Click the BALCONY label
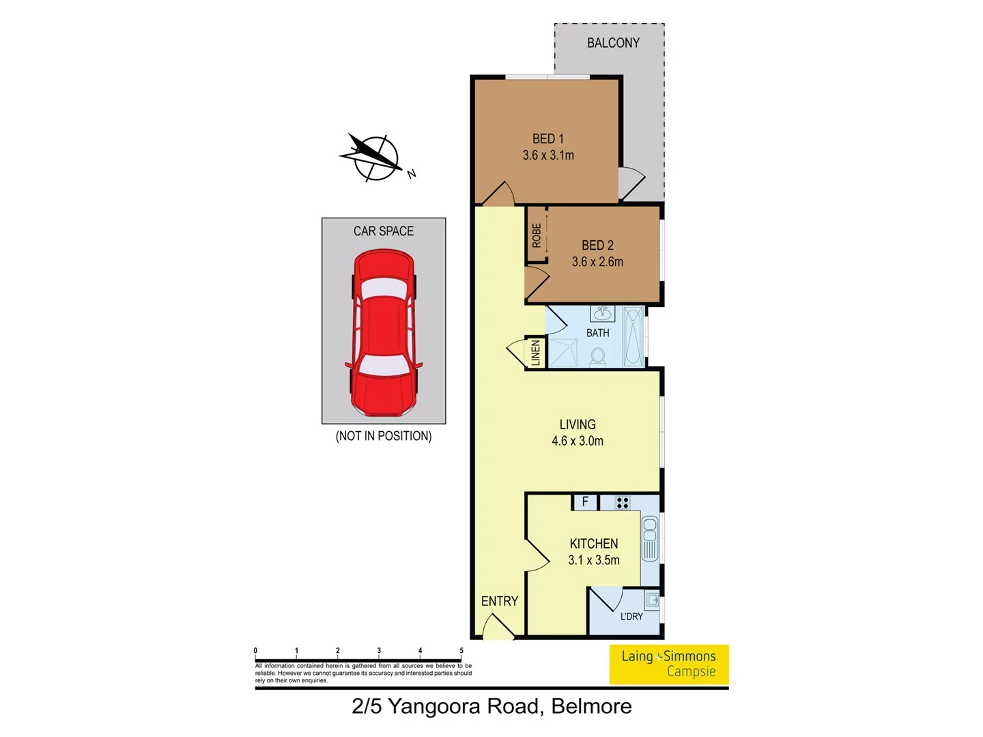[x=613, y=43]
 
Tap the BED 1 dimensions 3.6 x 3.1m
[x=548, y=156]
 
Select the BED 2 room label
[x=597, y=245]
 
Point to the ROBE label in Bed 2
[x=537, y=235]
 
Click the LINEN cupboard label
[x=536, y=353]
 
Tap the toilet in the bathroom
[x=598, y=357]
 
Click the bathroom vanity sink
[x=602, y=314]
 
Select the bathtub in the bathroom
[x=633, y=337]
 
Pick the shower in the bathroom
[x=562, y=353]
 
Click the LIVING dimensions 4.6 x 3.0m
[x=578, y=442]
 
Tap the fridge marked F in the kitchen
[x=585, y=502]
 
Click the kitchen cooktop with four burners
[x=622, y=503]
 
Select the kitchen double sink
[x=650, y=539]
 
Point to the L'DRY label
[x=631, y=616]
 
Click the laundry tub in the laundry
[x=652, y=601]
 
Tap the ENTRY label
[x=499, y=601]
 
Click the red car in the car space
[x=384, y=333]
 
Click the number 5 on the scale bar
[x=461, y=651]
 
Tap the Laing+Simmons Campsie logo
[x=668, y=664]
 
